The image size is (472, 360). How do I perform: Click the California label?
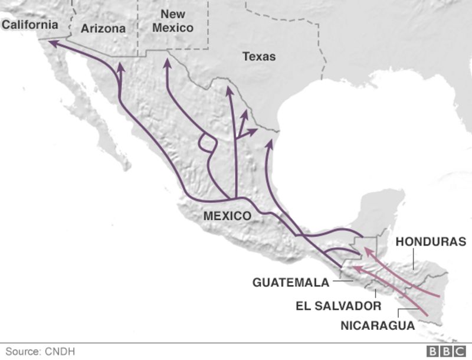(x=29, y=25)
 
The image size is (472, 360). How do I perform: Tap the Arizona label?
(x=103, y=28)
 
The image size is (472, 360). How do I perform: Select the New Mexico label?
(x=173, y=21)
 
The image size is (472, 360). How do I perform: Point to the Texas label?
(x=259, y=57)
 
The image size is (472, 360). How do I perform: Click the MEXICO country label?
(x=227, y=216)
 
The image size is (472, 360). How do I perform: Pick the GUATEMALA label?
(x=291, y=283)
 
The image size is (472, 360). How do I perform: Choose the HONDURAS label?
(x=431, y=242)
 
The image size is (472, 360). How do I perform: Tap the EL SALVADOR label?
(x=339, y=306)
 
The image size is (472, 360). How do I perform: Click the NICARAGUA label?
(x=378, y=325)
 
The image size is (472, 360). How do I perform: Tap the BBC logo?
(x=446, y=351)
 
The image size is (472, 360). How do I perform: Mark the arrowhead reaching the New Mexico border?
(x=167, y=60)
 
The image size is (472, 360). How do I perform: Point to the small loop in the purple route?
(x=206, y=143)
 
